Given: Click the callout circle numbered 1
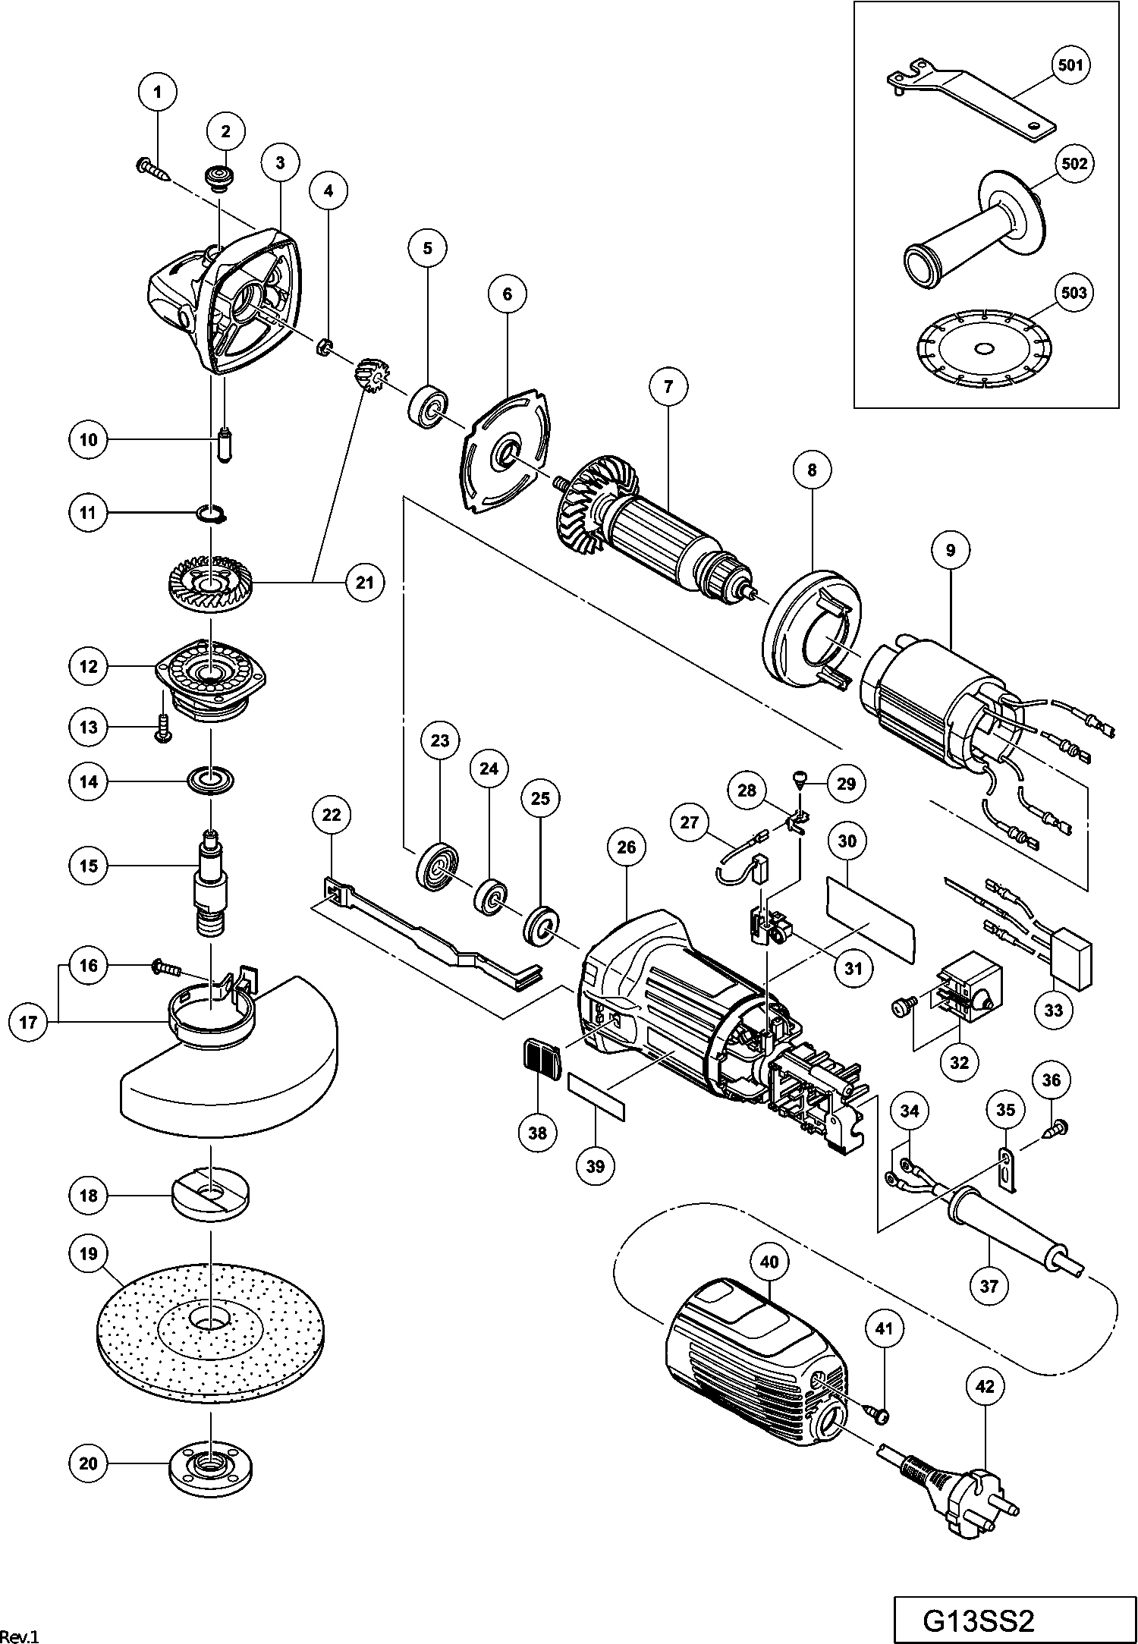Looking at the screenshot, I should (158, 93).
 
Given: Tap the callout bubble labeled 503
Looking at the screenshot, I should (1074, 294).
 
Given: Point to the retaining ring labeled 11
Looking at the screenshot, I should (209, 514).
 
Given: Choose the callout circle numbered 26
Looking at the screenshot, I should (626, 847).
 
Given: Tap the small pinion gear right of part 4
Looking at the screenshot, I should (369, 376).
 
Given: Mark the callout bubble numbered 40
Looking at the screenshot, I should (769, 1262).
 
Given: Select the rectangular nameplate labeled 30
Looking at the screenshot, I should (869, 918).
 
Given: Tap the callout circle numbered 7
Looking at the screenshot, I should (668, 387).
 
